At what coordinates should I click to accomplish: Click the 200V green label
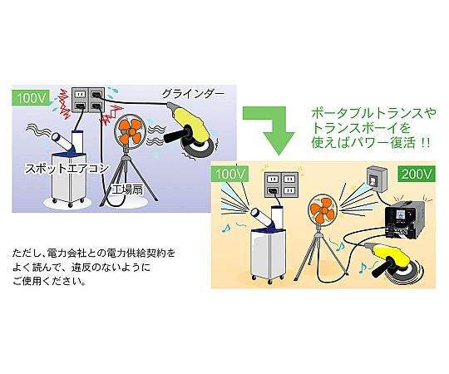pos(417,175)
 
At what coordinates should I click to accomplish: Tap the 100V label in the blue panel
pos(31,98)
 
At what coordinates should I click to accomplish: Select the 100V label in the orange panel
pos(229,175)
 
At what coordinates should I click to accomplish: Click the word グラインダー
pos(194,94)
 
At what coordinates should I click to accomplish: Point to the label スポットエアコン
pos(67,168)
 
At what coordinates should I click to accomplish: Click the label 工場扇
pos(127,189)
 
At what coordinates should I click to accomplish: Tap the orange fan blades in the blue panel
pos(131,131)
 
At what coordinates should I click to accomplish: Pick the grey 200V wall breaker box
pos(377,179)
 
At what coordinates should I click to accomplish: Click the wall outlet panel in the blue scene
pos(88,101)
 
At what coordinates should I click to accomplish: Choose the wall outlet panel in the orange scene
pos(281,185)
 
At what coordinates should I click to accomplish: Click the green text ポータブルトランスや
pos(373,114)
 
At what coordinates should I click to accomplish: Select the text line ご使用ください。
pos(49,282)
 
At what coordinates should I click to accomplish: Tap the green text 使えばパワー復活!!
pos(371,142)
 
